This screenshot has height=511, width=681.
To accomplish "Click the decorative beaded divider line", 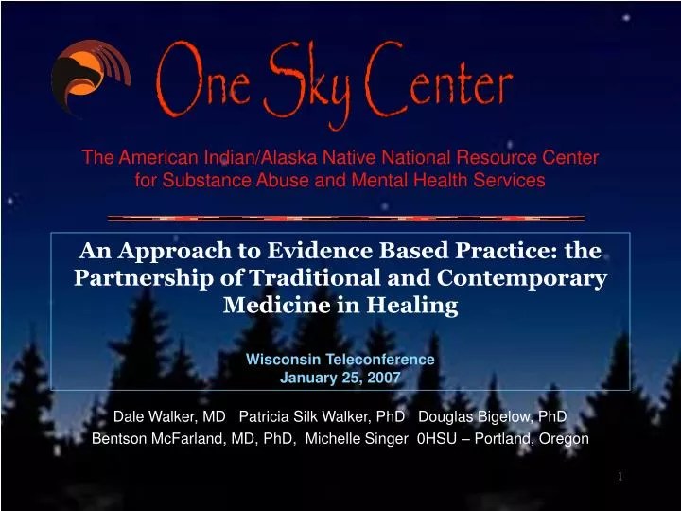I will [346, 219].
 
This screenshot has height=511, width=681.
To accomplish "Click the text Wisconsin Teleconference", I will [340, 360].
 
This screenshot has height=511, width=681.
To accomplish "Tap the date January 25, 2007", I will [340, 377].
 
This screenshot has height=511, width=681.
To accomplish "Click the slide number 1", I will [620, 476].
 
